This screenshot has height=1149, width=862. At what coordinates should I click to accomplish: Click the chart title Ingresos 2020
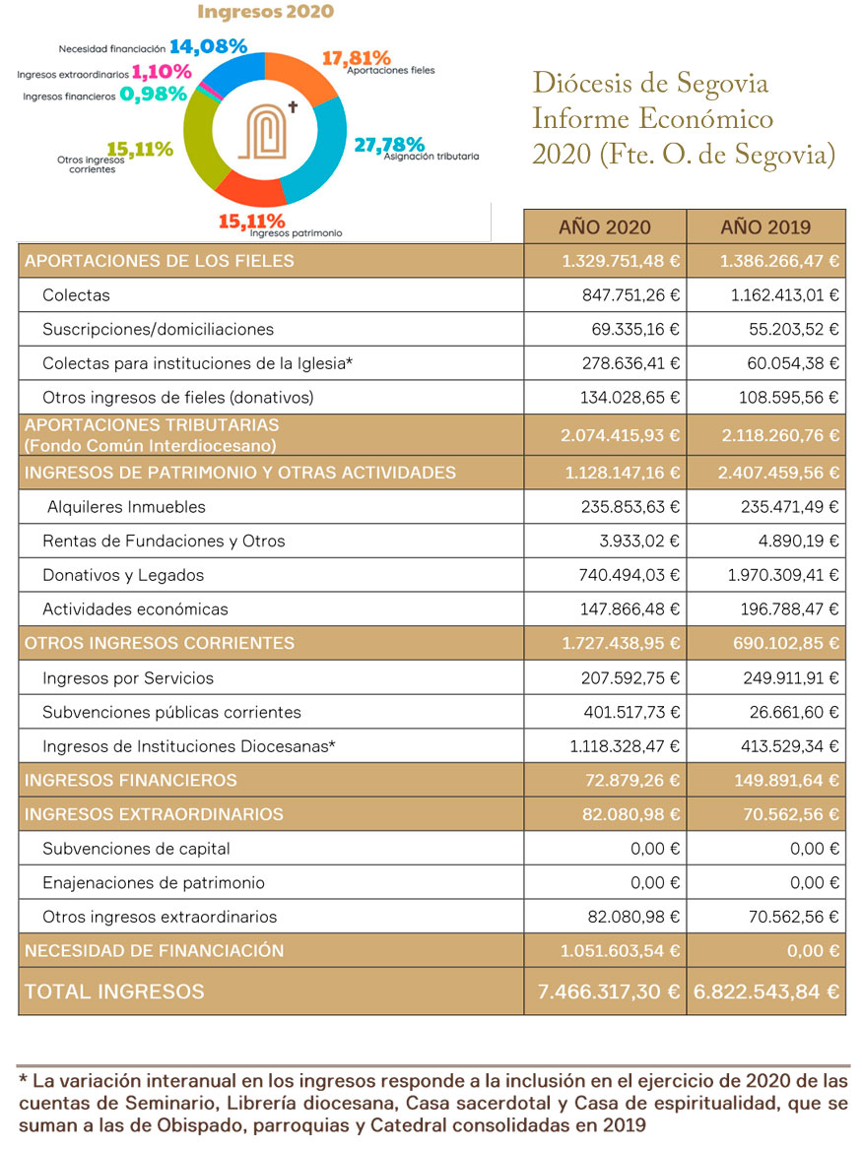coord(265,12)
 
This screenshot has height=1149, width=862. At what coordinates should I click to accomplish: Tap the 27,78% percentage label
coord(388,145)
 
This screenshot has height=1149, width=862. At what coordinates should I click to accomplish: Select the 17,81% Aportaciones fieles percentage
coord(357,58)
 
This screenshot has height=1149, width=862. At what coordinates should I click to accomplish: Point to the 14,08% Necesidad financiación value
coord(208,45)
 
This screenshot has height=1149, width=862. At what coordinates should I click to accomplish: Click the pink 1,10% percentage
coord(159,72)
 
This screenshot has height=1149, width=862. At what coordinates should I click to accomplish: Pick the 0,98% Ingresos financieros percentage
coord(153,95)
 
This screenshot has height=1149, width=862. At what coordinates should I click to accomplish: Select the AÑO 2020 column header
coord(604,226)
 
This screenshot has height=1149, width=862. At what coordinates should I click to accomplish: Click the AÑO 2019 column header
coord(765,226)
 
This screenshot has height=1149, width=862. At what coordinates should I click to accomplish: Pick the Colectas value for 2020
coord(630,295)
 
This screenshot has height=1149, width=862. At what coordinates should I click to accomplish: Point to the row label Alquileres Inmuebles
coord(127,507)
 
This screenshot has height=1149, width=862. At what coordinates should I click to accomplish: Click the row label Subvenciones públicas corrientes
coord(171,712)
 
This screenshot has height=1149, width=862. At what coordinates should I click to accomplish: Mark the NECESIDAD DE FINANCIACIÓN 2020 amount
coord(621,951)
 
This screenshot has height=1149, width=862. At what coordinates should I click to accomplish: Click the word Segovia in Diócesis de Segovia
coord(719,84)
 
